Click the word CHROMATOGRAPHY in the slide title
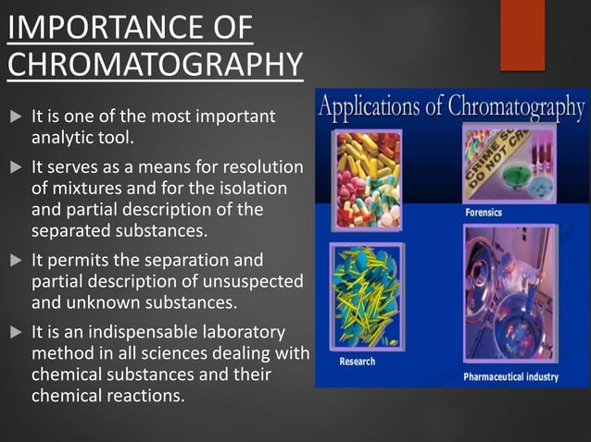(154, 65)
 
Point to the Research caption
(358, 361)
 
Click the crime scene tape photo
(509, 167)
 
